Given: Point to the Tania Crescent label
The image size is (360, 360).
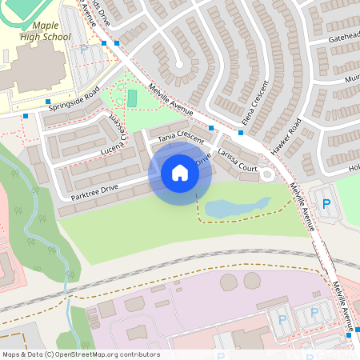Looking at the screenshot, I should [181, 137].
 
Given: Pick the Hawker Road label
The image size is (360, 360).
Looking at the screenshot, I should [285, 137].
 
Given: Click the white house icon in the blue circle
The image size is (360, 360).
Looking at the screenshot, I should [179, 173].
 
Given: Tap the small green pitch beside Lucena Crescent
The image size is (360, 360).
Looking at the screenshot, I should [132, 98].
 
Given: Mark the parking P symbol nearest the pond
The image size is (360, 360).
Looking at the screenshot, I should [326, 204].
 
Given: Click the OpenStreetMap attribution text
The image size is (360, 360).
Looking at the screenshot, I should [80, 354].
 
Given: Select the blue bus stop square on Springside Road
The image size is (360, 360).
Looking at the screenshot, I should [26, 115].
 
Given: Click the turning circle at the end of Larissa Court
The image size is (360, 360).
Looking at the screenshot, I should [266, 174].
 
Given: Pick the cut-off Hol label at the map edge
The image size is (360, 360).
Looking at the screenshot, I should [353, 169].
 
